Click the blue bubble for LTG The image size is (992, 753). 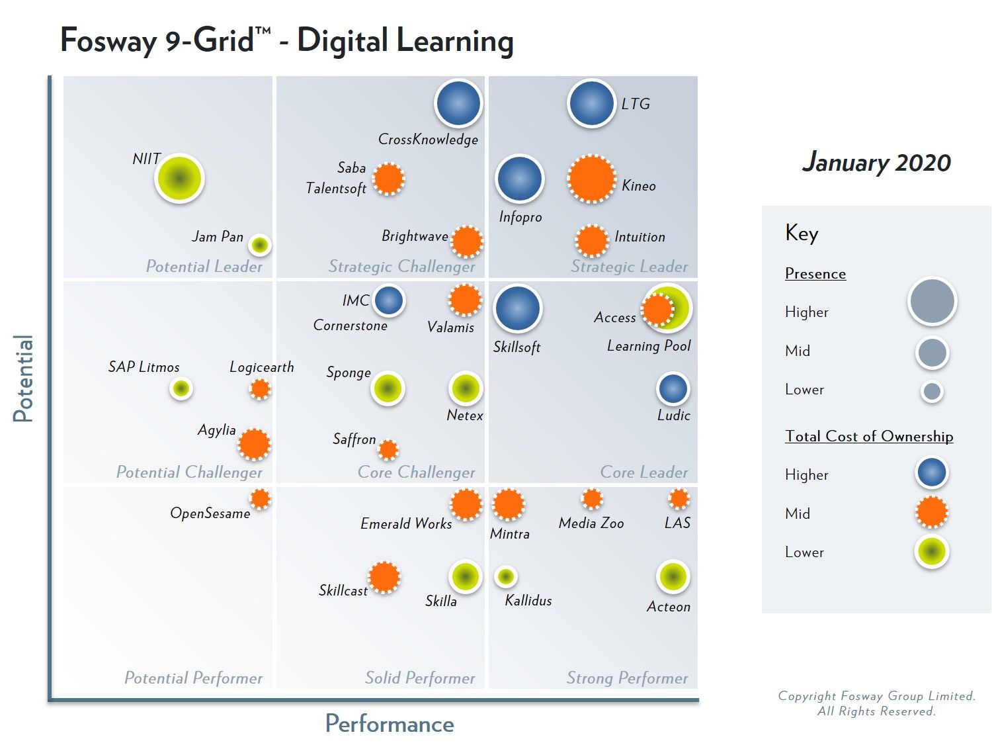point(591,103)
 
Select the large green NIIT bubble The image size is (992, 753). point(179,179)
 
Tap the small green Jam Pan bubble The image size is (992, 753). point(260,245)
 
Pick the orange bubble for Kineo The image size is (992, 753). point(591,179)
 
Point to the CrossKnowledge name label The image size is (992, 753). point(428,140)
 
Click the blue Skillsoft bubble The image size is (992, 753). point(517,308)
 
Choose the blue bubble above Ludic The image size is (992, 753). point(673,389)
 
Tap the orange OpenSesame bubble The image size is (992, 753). point(261,499)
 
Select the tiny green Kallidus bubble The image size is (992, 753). point(506,577)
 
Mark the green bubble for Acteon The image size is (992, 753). point(673,577)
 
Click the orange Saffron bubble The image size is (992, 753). point(388,450)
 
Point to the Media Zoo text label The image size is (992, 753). point(591,523)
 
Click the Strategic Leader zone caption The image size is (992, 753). point(629,267)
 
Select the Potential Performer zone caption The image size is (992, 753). point(193,678)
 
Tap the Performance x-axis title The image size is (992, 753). point(390,724)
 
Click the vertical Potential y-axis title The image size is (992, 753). point(23,378)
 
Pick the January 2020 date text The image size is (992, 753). point(876,162)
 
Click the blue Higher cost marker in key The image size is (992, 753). point(932,473)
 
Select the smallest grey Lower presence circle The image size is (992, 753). point(932,392)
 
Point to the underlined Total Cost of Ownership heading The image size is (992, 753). point(869,436)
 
